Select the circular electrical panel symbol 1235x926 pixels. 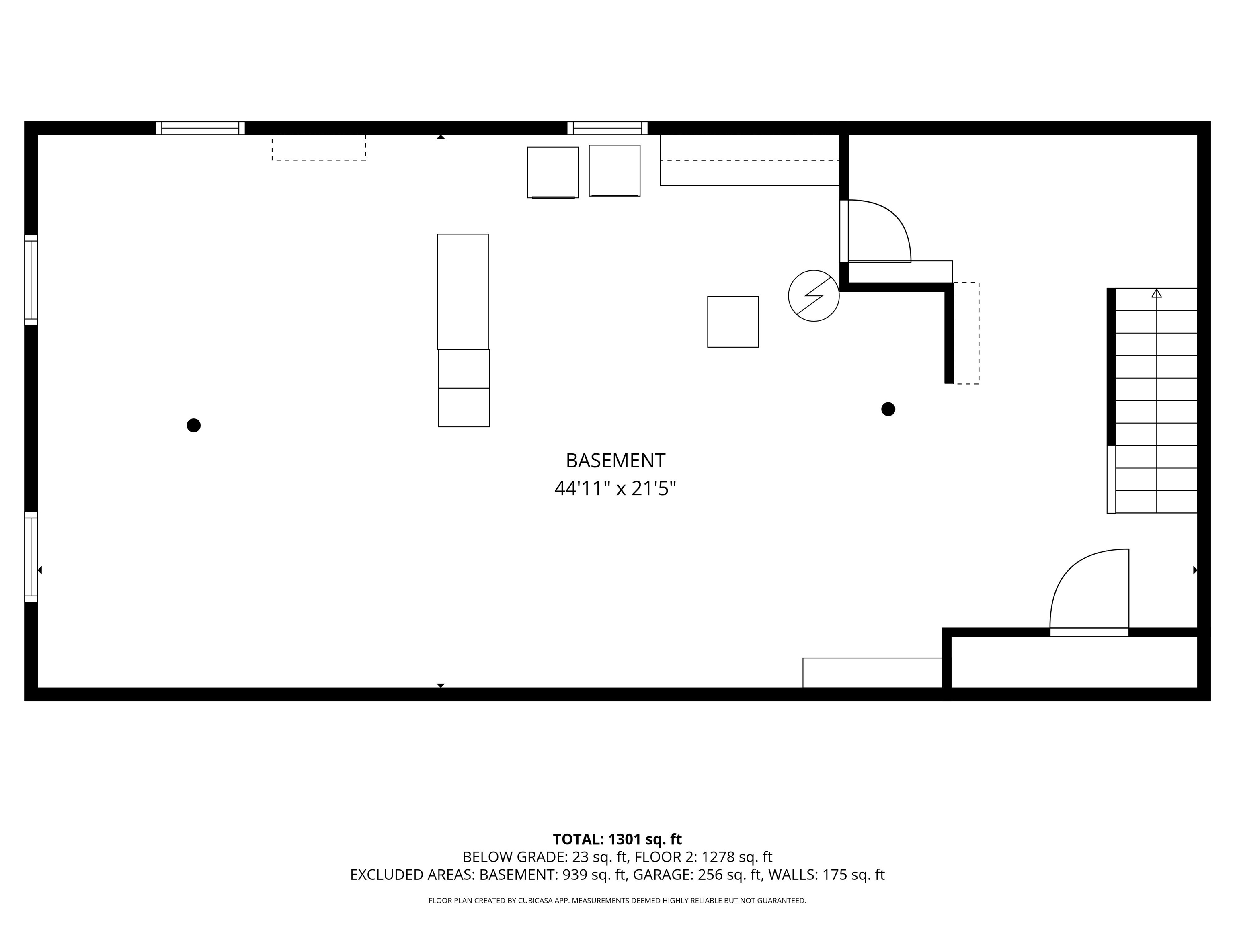coord(813,296)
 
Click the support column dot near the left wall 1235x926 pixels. coord(194,425)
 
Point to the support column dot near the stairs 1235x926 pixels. coord(888,409)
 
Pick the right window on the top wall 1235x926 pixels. coord(607,128)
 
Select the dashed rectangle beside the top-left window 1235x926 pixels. coord(319,148)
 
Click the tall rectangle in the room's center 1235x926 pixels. coord(463,291)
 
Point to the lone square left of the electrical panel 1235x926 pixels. coord(733,322)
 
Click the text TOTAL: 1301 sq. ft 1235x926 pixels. coord(617,840)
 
